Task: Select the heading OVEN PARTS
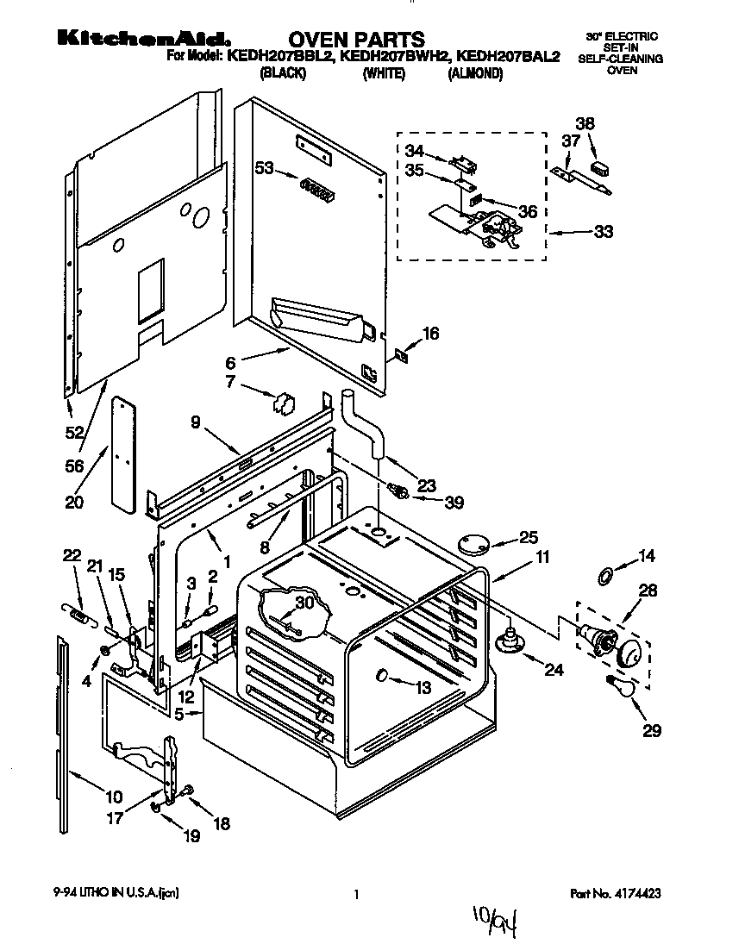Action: (x=355, y=39)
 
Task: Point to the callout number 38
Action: (x=585, y=124)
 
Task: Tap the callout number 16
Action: (x=429, y=334)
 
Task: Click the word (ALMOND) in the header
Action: (x=474, y=74)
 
